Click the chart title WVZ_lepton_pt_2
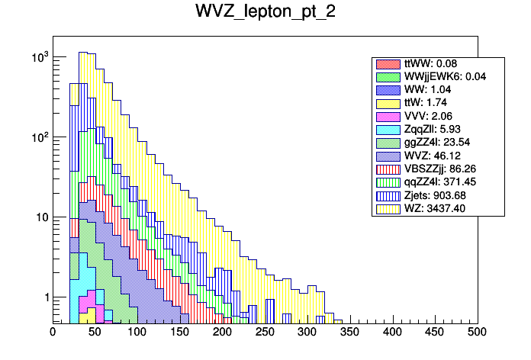point(265,14)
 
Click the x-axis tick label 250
point(265,333)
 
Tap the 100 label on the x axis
point(137,333)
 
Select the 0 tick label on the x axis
point(53,333)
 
